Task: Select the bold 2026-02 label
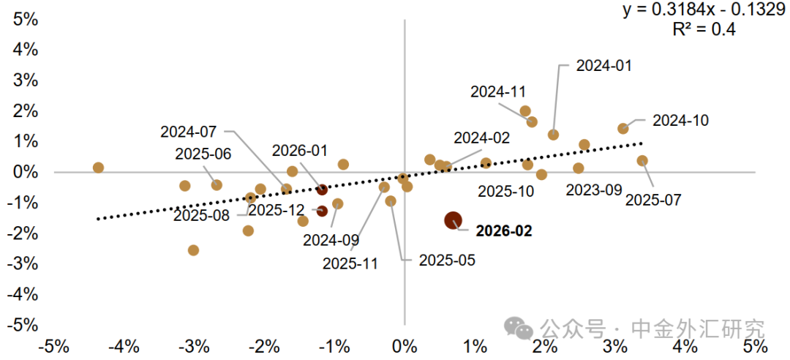tap(504, 231)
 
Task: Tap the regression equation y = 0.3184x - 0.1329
tap(704, 10)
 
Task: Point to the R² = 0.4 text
tap(704, 29)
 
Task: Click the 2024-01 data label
tap(603, 65)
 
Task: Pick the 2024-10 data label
tap(680, 121)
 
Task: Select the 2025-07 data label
tap(653, 199)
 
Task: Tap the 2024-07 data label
tap(189, 132)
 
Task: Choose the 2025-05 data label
tap(447, 260)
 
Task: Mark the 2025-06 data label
tap(203, 154)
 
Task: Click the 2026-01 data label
tap(300, 151)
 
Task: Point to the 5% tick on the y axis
tap(26, 19)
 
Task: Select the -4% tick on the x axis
tap(124, 345)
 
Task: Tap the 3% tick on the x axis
tap(614, 345)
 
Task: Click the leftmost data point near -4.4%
tap(98, 168)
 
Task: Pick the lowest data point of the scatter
tap(193, 250)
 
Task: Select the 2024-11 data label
tap(497, 92)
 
